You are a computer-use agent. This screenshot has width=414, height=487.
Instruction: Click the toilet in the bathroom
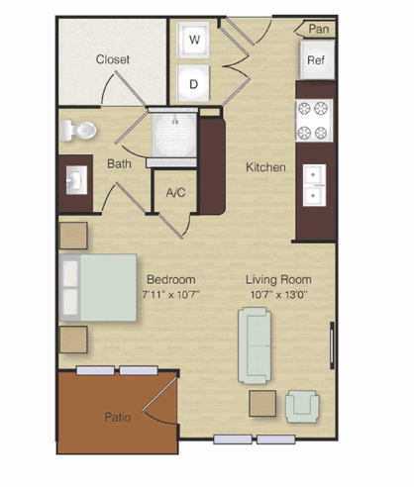(78, 131)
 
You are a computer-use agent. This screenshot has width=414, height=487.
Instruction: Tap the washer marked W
(193, 40)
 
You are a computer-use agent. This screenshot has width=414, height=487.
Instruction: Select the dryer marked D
(193, 83)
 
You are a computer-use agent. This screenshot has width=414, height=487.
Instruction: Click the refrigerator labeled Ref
(317, 59)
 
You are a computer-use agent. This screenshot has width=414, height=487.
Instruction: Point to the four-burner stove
(314, 121)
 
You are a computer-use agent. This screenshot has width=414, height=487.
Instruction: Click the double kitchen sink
(314, 185)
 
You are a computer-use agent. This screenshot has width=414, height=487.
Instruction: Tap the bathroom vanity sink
(76, 180)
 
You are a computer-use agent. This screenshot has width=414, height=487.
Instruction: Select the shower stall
(174, 136)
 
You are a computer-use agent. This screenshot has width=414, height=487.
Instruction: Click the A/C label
(175, 192)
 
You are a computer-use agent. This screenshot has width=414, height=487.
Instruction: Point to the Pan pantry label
(319, 29)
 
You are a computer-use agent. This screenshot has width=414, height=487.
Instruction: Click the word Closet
(113, 59)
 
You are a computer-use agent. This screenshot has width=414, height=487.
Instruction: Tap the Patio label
(118, 417)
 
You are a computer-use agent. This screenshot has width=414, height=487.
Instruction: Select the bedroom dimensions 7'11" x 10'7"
(171, 294)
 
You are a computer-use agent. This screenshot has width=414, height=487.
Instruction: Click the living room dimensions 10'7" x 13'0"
(279, 294)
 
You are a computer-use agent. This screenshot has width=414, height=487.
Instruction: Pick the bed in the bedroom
(98, 287)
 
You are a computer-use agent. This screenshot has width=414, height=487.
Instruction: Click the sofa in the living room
(255, 345)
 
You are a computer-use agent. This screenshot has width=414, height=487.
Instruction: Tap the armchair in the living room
(302, 407)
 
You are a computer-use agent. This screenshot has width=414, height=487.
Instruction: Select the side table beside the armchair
(262, 403)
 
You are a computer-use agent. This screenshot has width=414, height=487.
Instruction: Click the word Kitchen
(265, 167)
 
